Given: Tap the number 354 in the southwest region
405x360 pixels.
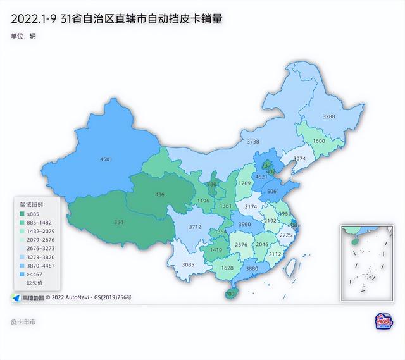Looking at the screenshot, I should [119, 222].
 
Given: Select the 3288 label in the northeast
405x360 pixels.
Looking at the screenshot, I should [329, 116].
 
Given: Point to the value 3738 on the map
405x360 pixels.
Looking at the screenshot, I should [253, 142].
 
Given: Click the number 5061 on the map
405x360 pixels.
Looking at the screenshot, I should [274, 191].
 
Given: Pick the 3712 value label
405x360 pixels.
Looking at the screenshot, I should [195, 227].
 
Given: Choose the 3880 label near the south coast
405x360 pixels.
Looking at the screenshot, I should [252, 269].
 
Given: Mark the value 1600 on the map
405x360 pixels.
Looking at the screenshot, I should [319, 141].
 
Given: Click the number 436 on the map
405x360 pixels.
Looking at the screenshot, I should [159, 194].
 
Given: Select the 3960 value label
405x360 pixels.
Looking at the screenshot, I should [244, 225].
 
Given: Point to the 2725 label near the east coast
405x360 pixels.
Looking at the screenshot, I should [286, 235].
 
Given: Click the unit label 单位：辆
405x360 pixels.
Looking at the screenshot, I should [23, 36].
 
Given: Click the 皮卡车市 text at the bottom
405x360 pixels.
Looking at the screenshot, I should [23, 322].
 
